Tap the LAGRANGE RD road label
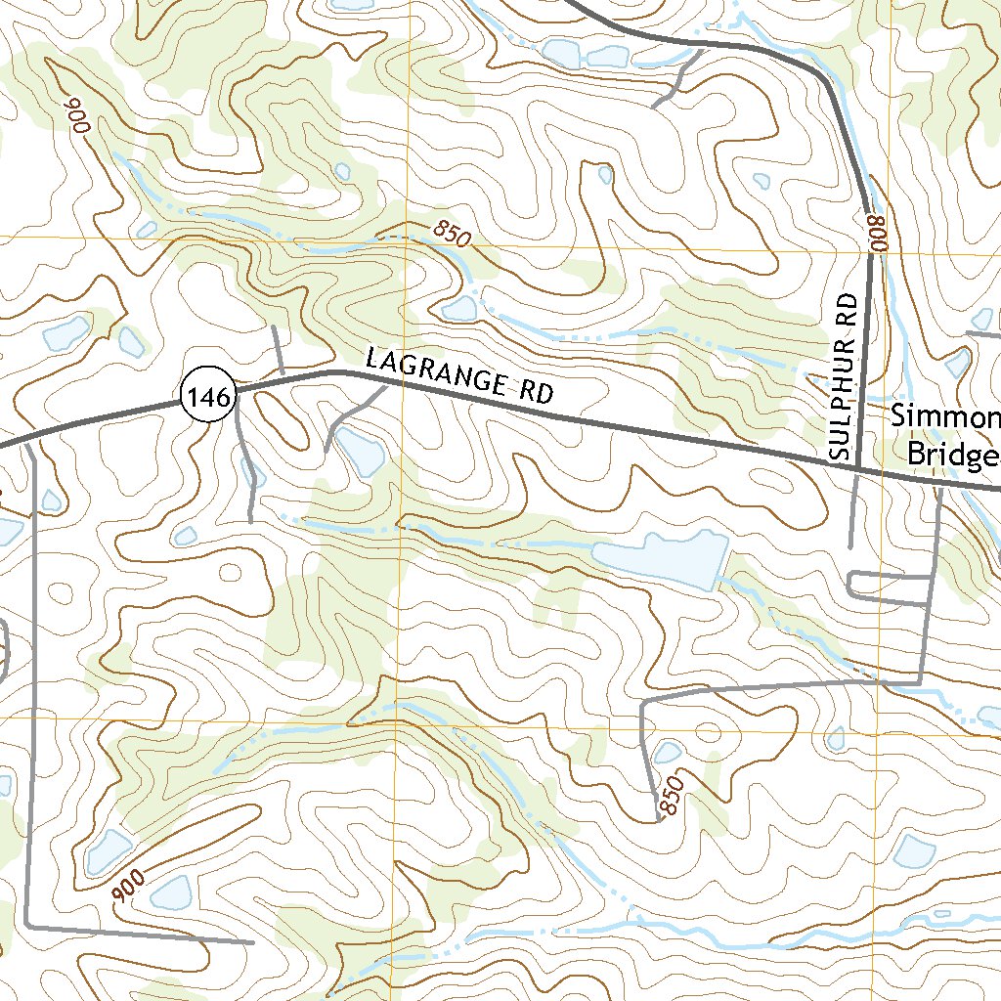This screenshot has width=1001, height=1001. (459, 375)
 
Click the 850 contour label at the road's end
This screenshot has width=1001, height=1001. (672, 793)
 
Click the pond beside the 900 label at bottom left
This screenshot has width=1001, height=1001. (172, 891)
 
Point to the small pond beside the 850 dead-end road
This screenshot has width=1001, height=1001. (667, 752)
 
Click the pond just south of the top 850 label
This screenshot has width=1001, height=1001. (459, 310)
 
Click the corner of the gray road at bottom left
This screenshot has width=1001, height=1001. (28, 923)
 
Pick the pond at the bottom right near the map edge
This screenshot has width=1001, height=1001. (917, 850)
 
